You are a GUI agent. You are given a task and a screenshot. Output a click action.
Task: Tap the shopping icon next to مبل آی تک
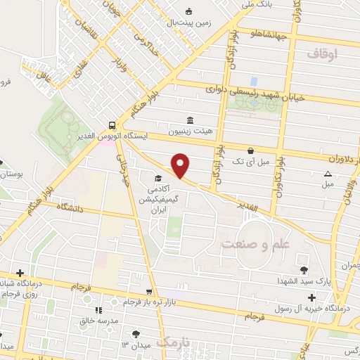click(x=251, y=150)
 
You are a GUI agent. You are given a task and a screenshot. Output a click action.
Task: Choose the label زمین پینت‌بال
click(x=188, y=22)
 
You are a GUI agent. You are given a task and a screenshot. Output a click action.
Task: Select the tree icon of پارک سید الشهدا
click(x=304, y=269)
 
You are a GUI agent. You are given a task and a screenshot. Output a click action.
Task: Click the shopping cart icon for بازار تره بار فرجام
click(x=148, y=291)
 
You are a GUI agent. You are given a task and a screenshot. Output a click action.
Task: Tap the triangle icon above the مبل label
click(x=328, y=174)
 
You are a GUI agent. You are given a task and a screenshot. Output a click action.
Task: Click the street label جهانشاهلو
click(x=269, y=33)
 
